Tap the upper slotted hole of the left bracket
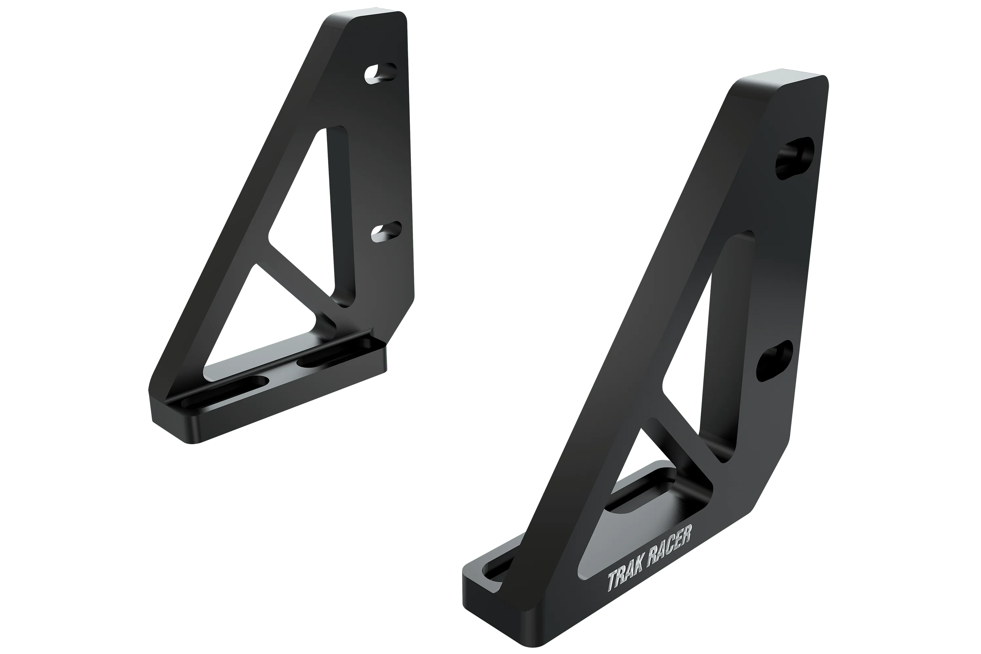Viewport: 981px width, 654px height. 380,73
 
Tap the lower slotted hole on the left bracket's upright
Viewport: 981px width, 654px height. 386,232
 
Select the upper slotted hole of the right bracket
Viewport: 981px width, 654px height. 794,159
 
